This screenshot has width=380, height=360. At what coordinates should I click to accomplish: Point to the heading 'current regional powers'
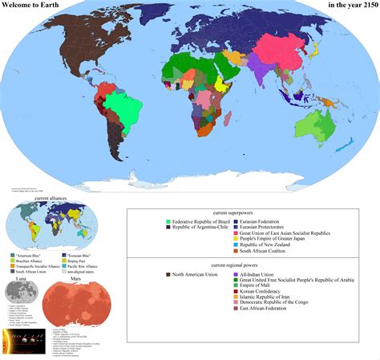pos(253,265)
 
